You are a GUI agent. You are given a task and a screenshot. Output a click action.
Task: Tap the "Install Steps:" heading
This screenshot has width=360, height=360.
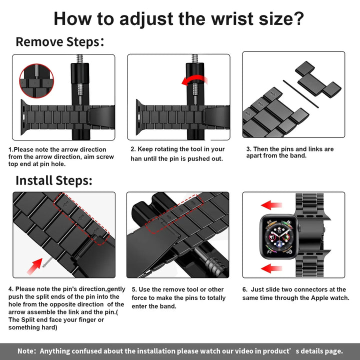pos(53,180)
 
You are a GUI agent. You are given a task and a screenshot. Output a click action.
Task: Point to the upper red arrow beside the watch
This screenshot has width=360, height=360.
pos(271,204)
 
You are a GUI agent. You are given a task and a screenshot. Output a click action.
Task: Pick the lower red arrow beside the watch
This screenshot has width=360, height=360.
pos(271,268)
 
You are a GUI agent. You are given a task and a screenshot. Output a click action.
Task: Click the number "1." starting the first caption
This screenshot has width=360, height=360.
pos(11,149)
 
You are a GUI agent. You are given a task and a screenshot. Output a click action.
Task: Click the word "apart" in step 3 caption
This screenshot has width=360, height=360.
pos(256,156)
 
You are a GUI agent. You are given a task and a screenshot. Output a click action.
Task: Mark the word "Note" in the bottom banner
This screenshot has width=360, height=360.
pos(26,351)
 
